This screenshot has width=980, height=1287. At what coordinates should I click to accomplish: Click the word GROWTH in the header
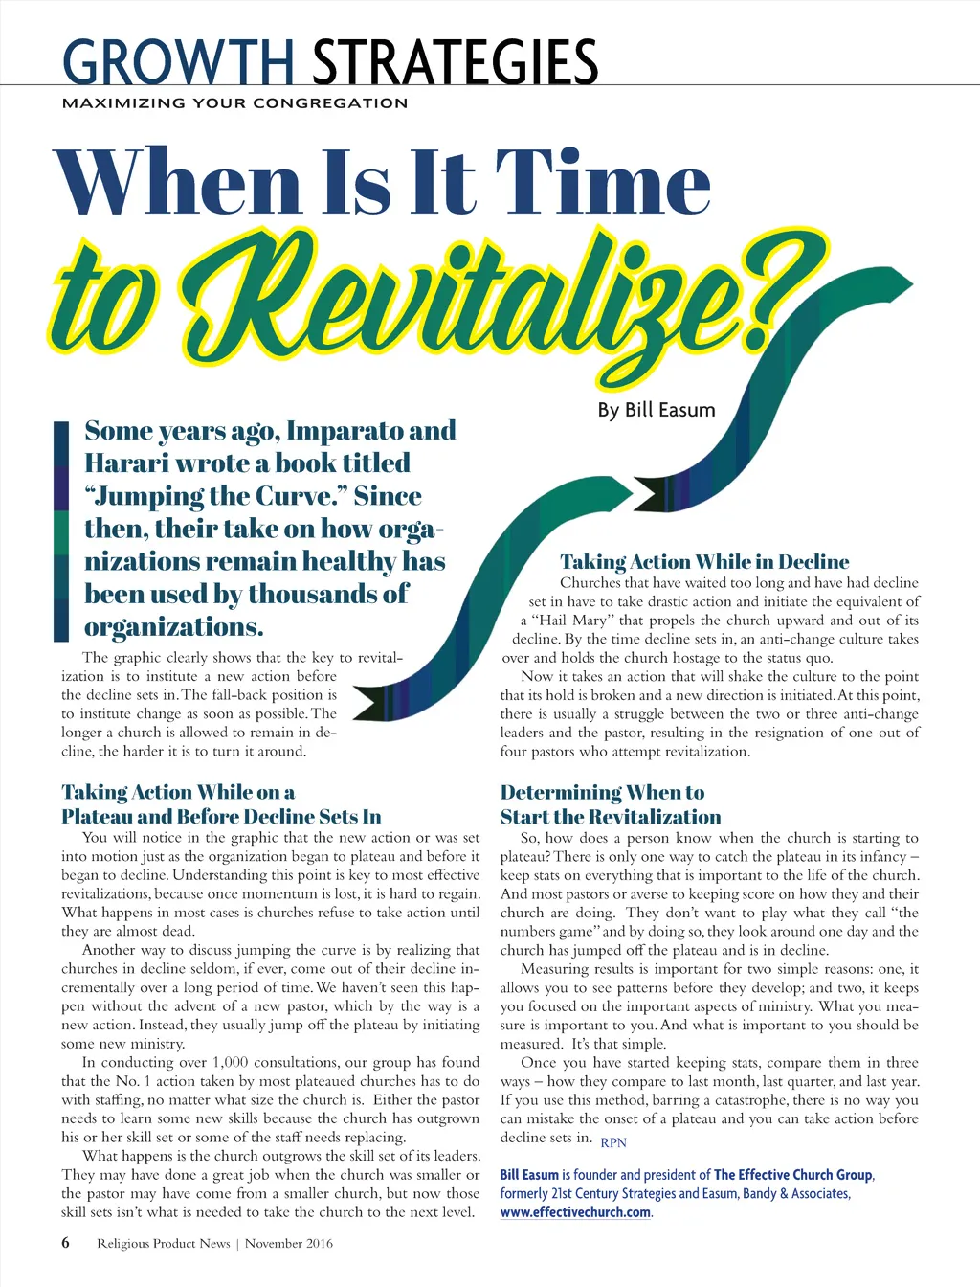pos(178,63)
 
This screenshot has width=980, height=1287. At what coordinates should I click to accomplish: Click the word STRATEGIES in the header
pos(456,63)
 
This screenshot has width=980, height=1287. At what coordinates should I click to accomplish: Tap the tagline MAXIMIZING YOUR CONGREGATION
pos(234,103)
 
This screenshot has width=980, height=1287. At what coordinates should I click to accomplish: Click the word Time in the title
pos(603,183)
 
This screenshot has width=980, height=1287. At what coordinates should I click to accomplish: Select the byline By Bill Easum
pos(657,410)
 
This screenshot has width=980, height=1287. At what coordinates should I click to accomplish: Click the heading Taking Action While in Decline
pos(704,562)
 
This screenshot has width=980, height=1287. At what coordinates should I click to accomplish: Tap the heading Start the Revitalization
pos(611,817)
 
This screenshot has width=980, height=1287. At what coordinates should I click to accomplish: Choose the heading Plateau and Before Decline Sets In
pos(221,817)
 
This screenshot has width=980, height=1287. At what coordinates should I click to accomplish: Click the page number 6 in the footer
pos(65,1243)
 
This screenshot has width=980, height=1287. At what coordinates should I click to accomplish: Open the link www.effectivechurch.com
pos(575,1212)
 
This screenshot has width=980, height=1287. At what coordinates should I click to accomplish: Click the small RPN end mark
pos(613,1142)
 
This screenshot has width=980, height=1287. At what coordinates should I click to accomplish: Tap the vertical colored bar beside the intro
pos(61,531)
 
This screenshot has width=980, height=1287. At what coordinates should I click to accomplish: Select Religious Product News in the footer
pos(163,1244)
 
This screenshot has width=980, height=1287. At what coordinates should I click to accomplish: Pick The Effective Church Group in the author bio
pos(792,1175)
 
